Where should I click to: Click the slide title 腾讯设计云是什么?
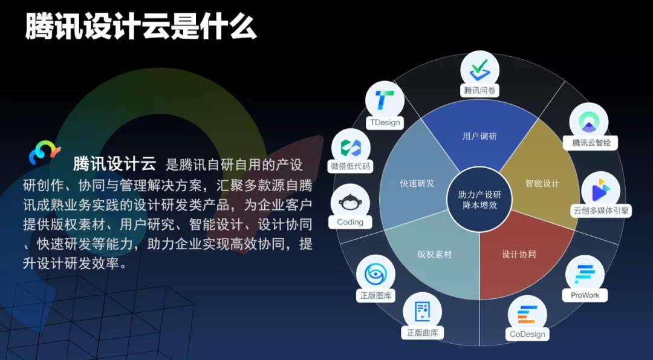(141, 25)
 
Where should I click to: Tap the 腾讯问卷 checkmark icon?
(479, 70)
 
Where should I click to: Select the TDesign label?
(385, 122)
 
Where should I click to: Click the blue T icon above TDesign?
(385, 100)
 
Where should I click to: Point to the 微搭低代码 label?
(350, 166)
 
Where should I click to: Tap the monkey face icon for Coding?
(350, 203)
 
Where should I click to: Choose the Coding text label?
(350, 222)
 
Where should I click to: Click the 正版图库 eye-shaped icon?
(375, 273)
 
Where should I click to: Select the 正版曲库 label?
(422, 333)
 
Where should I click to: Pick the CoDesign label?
(527, 334)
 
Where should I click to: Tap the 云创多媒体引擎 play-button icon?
(600, 191)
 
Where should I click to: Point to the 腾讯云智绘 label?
(591, 143)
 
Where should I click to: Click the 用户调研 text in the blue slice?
(479, 136)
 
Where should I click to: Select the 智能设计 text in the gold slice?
(542, 183)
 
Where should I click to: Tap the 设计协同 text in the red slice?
(519, 254)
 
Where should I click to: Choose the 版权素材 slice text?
(434, 254)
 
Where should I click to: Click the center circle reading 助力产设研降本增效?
(479, 200)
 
